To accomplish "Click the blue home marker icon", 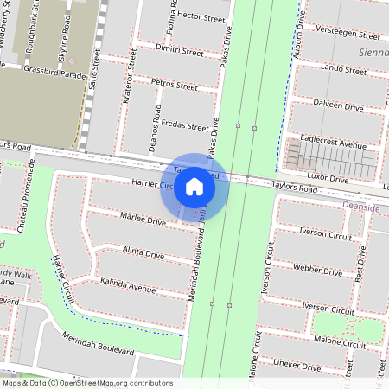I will tap(194, 186).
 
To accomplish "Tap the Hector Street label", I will tap(201, 17).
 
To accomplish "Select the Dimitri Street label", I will tap(179, 52).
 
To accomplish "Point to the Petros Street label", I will tap(174, 86).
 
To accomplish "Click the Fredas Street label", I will tap(185, 125).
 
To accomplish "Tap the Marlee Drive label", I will tap(143, 220).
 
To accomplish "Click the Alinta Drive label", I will tap(143, 253).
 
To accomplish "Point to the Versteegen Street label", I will tap(348, 36).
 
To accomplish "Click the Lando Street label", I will tap(343, 67).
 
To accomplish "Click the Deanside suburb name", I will tap(360, 208).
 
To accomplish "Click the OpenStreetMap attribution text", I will tap(87, 383).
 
